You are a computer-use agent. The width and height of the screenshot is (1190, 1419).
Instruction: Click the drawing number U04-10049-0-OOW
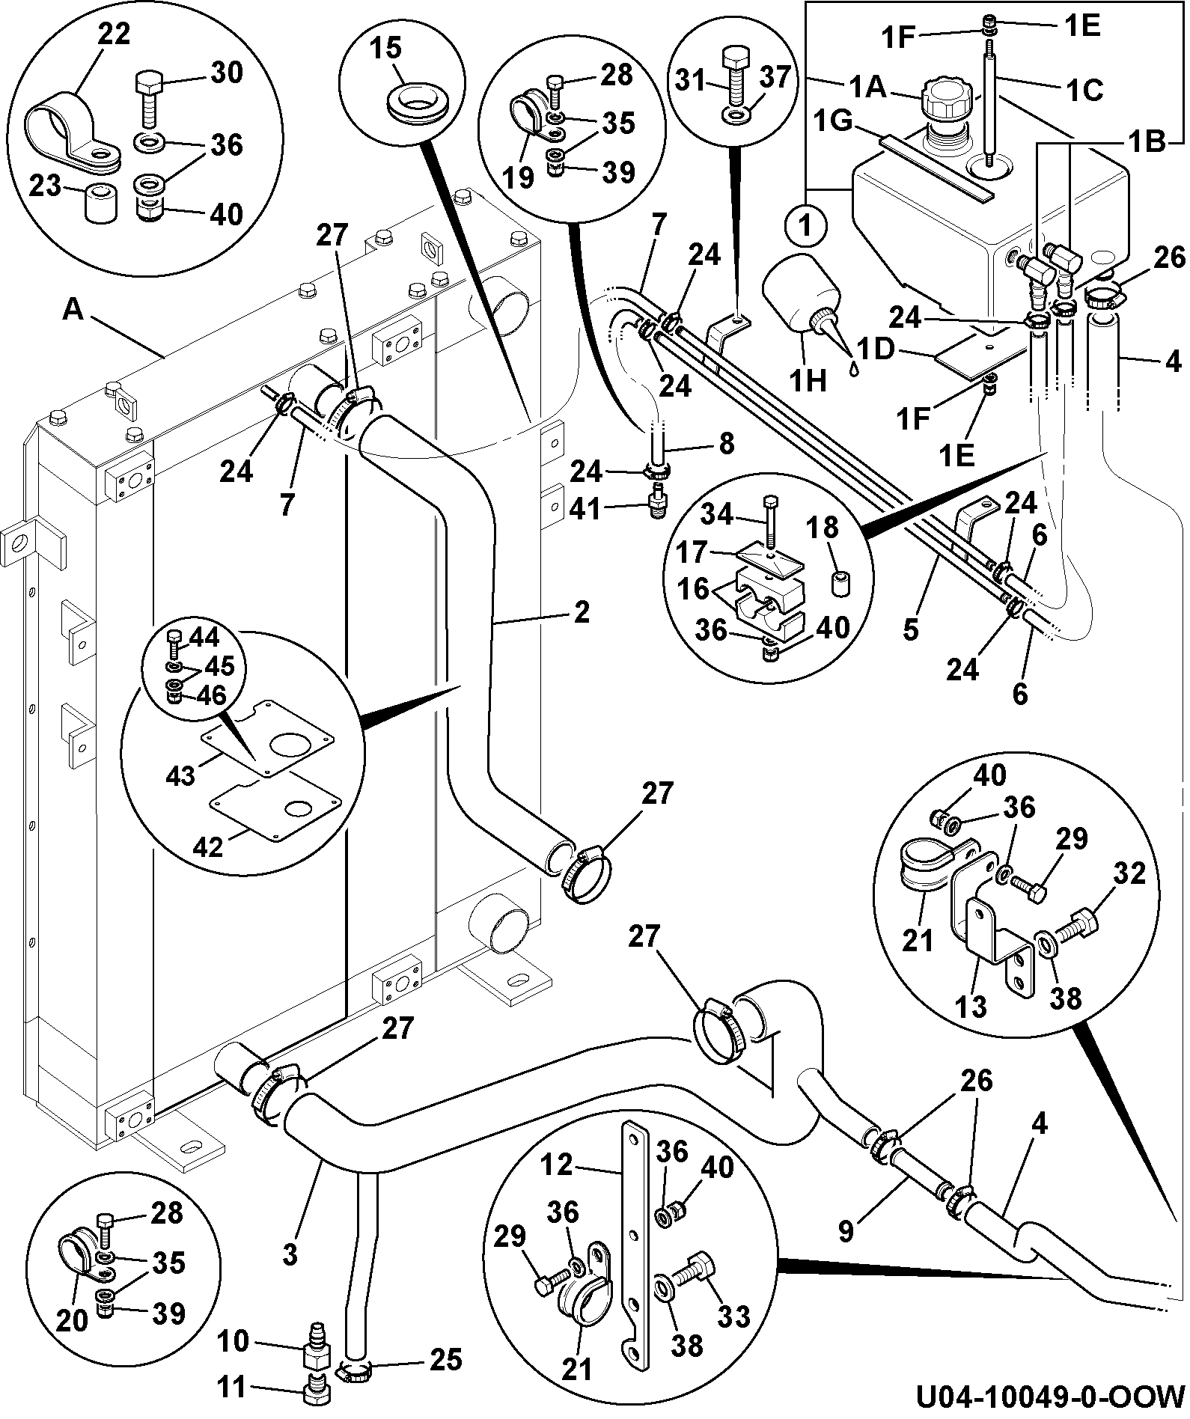(1050, 1396)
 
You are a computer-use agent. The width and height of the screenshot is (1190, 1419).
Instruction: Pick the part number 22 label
(114, 35)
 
